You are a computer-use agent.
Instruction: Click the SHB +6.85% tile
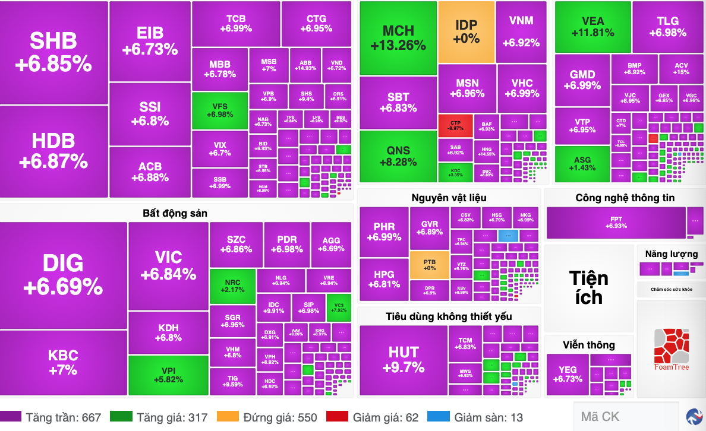coord(53,52)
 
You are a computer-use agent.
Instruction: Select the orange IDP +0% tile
coord(467,31)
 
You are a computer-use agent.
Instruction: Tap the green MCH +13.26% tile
coord(398,37)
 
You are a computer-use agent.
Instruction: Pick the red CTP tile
coord(456,125)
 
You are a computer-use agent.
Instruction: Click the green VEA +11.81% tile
coord(592,27)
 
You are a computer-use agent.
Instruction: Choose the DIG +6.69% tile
coord(63,275)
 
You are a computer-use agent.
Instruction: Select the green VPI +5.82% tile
coord(168,375)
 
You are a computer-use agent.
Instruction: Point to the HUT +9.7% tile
coord(404,359)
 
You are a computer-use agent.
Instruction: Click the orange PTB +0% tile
coord(429,265)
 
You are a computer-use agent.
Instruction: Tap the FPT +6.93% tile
coord(616,223)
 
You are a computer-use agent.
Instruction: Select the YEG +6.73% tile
coord(567,374)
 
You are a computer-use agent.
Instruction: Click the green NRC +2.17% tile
coord(232,286)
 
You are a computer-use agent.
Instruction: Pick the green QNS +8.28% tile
coord(398,156)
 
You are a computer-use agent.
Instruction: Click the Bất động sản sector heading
coord(175,213)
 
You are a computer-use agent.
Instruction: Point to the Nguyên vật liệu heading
coord(449,198)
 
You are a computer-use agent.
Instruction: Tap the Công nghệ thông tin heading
coord(625,198)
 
